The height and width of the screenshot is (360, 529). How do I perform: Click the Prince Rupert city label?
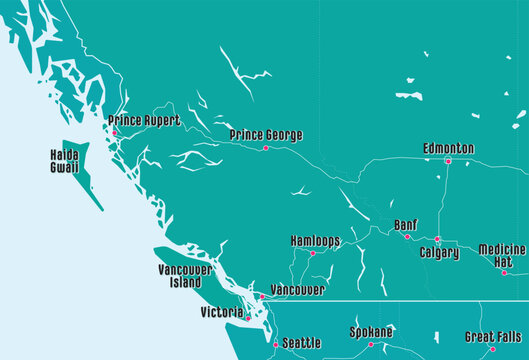pyautogui.click(x=145, y=120)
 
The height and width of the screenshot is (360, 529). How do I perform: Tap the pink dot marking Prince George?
pyautogui.click(x=265, y=148)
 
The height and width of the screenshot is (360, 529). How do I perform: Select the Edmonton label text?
pyautogui.click(x=448, y=148)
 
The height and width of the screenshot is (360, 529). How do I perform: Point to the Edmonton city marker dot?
pyautogui.click(x=448, y=161)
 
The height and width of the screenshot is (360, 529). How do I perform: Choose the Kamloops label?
pyautogui.click(x=315, y=241)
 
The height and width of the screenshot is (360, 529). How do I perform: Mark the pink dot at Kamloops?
pyautogui.click(x=312, y=253)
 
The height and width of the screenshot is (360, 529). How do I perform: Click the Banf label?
pyautogui.click(x=406, y=225)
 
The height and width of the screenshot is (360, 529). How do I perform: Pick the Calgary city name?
pyautogui.click(x=440, y=253)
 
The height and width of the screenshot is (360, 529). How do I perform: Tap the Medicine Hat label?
pyautogui.click(x=502, y=255)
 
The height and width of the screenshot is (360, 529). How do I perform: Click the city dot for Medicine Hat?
pyautogui.click(x=504, y=272)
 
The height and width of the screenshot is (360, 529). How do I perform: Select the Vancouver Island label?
pyautogui.click(x=185, y=276)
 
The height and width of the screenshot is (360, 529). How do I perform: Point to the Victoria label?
pyautogui.click(x=221, y=313)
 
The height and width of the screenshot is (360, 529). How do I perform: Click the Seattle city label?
pyautogui.click(x=302, y=343)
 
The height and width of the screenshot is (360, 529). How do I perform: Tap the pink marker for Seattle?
pyautogui.click(x=276, y=344)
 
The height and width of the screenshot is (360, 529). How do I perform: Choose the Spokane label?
pyautogui.click(x=371, y=332)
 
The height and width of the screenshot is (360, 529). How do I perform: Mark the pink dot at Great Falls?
pyautogui.click(x=492, y=349)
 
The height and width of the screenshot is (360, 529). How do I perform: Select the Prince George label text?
pyautogui.click(x=265, y=135)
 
